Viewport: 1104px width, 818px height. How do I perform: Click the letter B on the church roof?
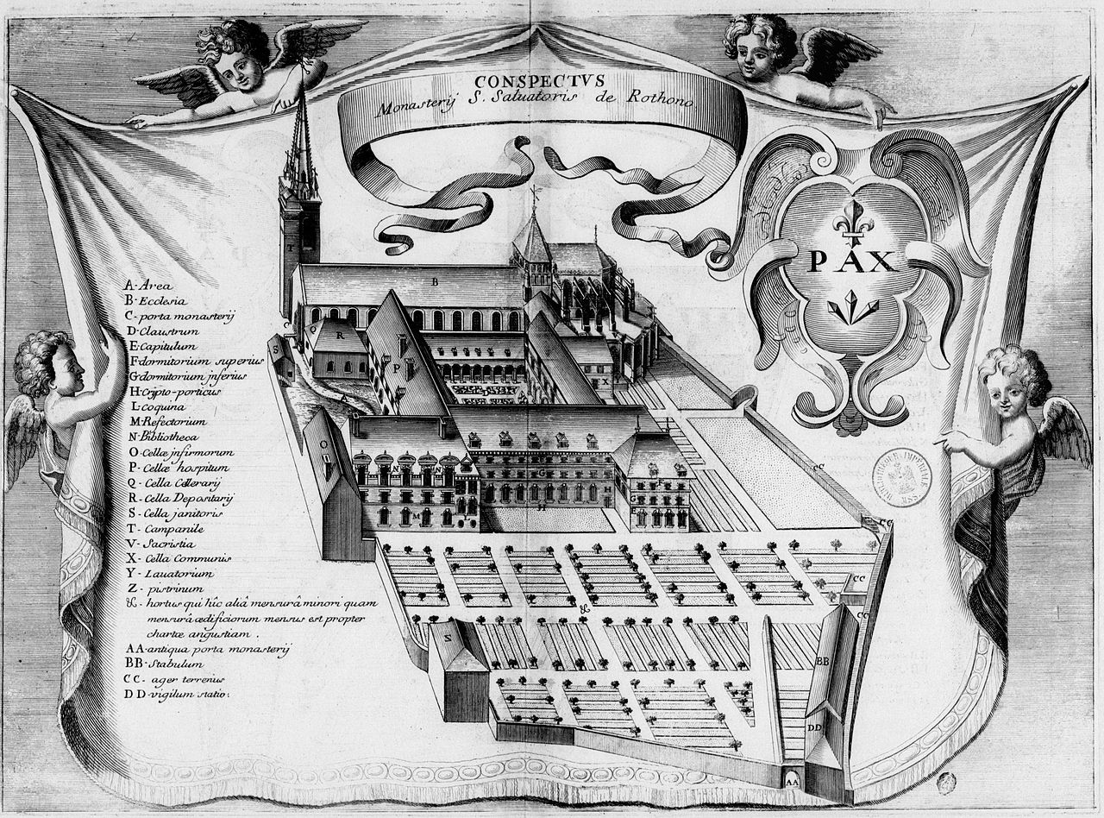click(436, 281)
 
